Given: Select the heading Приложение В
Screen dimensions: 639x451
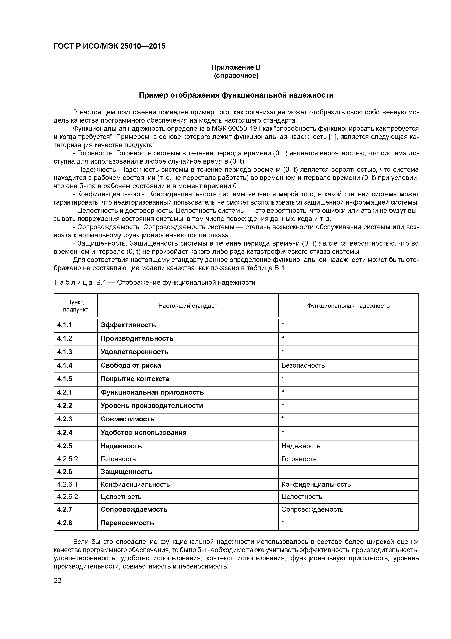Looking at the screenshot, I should [236, 67].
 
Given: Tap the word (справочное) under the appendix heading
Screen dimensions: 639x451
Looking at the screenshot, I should [236, 76].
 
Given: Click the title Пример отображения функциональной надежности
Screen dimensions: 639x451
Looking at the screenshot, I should [236, 95].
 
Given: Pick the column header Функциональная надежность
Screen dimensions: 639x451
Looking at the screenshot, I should [348, 306].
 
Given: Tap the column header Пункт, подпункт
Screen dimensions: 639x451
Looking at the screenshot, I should [76, 306].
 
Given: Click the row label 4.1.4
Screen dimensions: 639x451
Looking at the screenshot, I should [65, 365].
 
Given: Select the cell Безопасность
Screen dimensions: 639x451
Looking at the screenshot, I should [303, 365].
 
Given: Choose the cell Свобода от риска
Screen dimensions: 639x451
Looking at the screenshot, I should [131, 365].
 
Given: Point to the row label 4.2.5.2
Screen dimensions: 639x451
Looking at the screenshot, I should [67, 459].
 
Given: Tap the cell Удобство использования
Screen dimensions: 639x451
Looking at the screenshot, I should [143, 432].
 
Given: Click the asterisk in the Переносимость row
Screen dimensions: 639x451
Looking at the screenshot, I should [283, 522].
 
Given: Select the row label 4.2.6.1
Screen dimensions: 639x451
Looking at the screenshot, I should [67, 485].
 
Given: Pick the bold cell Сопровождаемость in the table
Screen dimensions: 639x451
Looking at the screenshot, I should [134, 510].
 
